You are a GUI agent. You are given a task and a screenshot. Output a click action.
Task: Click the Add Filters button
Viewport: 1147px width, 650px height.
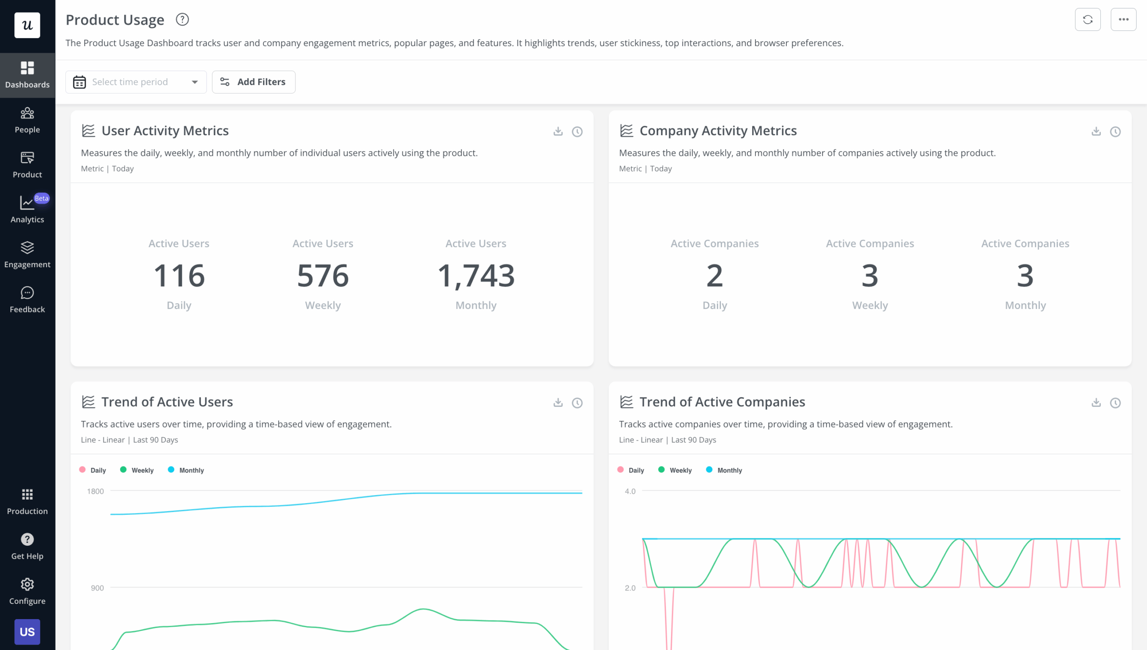click(253, 82)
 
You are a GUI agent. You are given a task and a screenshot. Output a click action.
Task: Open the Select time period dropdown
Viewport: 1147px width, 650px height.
click(136, 82)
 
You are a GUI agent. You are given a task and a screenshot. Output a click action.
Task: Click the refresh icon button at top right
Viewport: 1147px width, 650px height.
click(1087, 20)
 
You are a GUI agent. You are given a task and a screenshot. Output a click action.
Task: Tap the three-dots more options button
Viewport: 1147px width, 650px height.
click(1123, 20)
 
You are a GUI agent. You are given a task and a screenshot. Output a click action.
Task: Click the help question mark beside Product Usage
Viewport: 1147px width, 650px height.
click(182, 20)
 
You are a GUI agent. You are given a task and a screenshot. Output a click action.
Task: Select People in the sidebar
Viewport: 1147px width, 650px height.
click(27, 120)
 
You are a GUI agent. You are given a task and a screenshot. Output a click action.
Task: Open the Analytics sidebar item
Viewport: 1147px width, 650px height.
click(27, 209)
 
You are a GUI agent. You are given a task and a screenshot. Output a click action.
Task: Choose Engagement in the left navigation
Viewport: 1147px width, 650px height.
click(27, 254)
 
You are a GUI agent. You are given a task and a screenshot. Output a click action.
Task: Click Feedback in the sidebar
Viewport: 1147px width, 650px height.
click(27, 299)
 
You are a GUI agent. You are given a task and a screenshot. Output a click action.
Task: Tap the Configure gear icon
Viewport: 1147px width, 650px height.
click(27, 584)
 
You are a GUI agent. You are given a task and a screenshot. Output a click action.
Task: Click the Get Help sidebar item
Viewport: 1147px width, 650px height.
click(27, 546)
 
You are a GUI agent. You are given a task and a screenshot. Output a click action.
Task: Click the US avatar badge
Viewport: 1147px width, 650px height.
click(27, 632)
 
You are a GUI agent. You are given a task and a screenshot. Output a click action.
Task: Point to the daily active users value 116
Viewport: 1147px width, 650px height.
click(179, 275)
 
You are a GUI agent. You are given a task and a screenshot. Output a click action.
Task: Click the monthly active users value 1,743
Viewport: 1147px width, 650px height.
click(476, 275)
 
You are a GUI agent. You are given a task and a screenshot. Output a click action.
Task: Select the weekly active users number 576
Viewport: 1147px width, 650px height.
click(323, 275)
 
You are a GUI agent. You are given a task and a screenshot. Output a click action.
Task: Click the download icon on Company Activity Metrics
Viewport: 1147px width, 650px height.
click(1096, 131)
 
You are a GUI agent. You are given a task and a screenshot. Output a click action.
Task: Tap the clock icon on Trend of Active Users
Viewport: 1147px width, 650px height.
click(577, 403)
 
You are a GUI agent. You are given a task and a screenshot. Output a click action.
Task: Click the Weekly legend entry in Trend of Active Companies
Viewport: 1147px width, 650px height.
click(675, 470)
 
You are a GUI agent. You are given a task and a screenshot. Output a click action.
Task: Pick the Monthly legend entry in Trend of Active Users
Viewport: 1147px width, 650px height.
click(186, 470)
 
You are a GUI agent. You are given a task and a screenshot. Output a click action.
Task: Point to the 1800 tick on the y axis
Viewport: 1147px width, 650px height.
click(95, 491)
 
